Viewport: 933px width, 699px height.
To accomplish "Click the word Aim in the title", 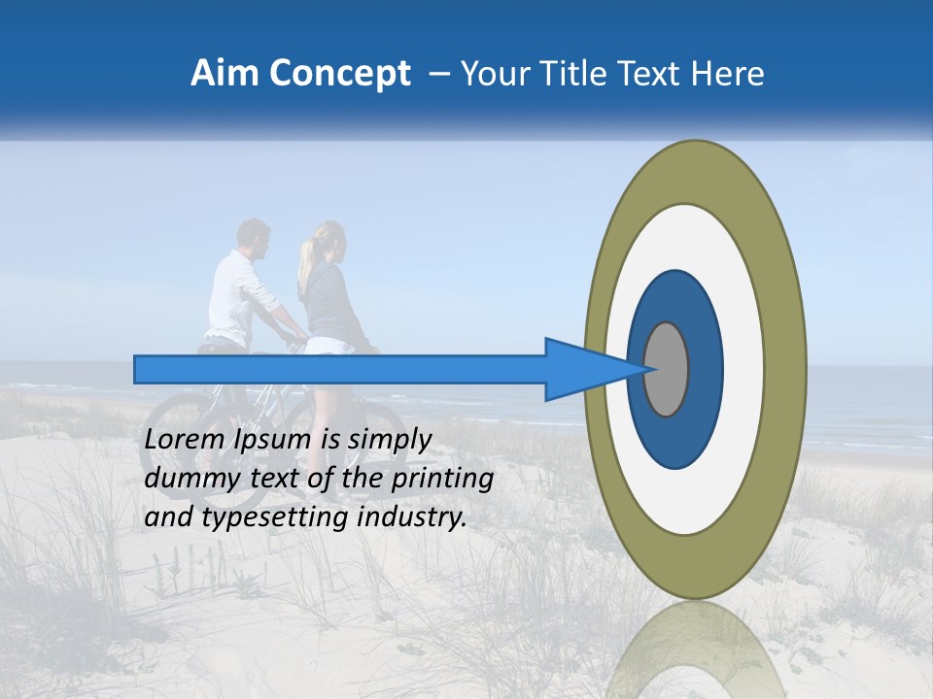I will click(225, 74).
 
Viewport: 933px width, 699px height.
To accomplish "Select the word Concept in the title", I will click(339, 74).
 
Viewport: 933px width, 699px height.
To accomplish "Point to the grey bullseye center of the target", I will click(667, 369).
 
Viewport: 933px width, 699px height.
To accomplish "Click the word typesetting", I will click(276, 518).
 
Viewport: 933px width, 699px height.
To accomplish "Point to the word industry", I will click(412, 517).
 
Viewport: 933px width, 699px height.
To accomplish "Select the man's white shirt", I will click(233, 296).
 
